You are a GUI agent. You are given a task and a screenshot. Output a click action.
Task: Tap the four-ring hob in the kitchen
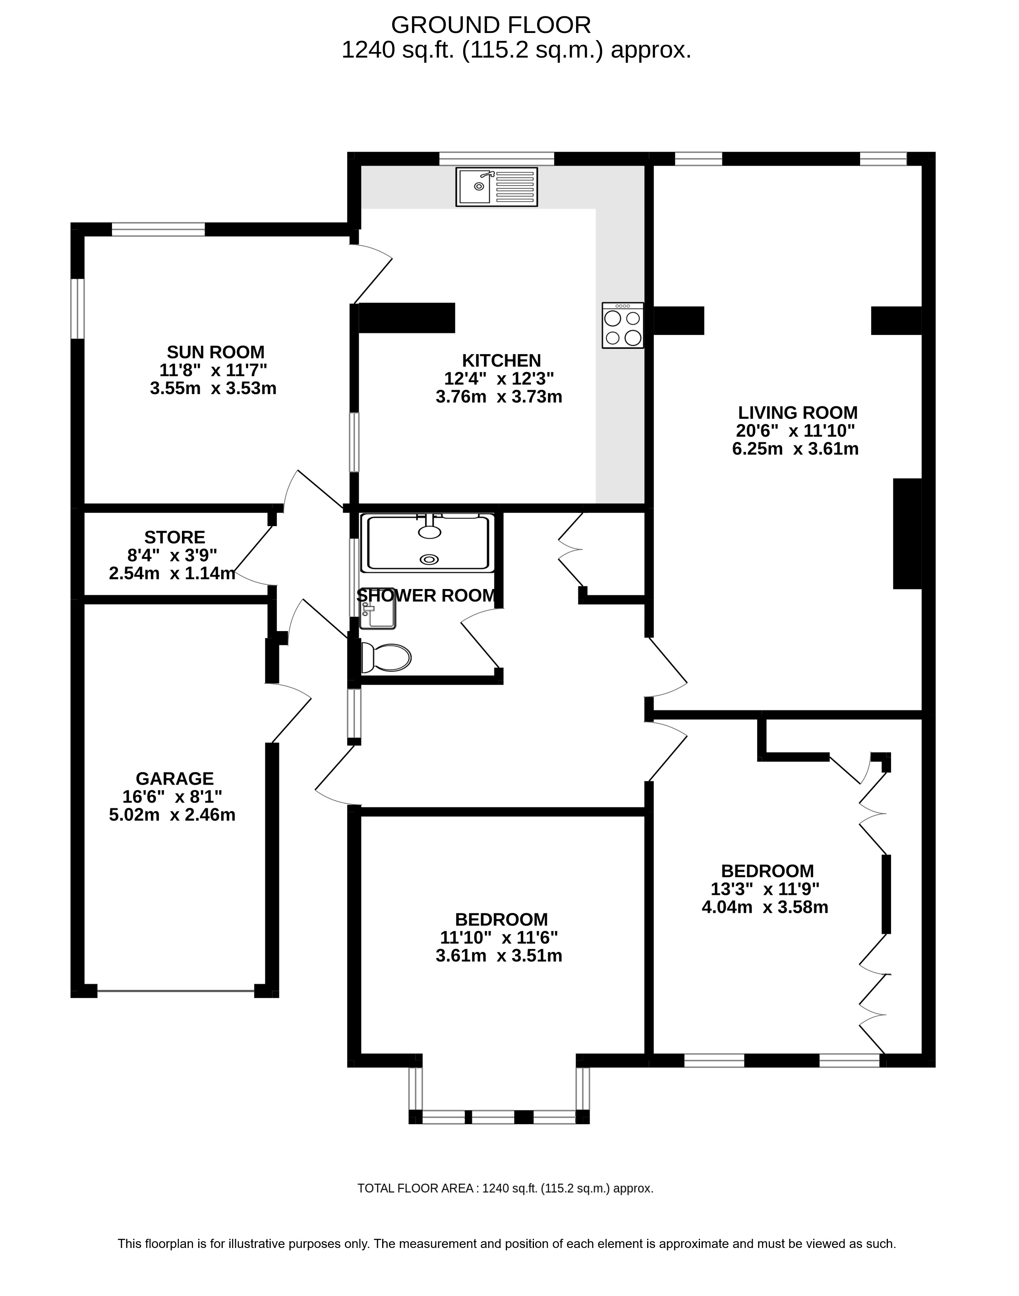[623, 325]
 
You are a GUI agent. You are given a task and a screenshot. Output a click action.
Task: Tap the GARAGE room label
[175, 778]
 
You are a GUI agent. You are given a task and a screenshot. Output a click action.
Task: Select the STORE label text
[175, 537]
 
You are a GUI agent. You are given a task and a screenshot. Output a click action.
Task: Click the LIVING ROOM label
[798, 412]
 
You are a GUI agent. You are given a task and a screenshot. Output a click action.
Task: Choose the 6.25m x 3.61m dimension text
[795, 449]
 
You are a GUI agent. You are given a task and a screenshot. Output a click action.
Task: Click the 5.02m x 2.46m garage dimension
[172, 815]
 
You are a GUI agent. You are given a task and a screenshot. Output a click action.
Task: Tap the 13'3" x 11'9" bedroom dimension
[766, 889]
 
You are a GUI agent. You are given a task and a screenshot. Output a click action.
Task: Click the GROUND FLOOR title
[491, 25]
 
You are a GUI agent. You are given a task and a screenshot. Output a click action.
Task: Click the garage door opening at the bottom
[176, 992]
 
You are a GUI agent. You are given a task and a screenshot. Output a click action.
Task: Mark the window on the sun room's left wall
[77, 309]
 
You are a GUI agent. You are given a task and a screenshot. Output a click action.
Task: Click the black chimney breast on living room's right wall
[907, 533]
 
